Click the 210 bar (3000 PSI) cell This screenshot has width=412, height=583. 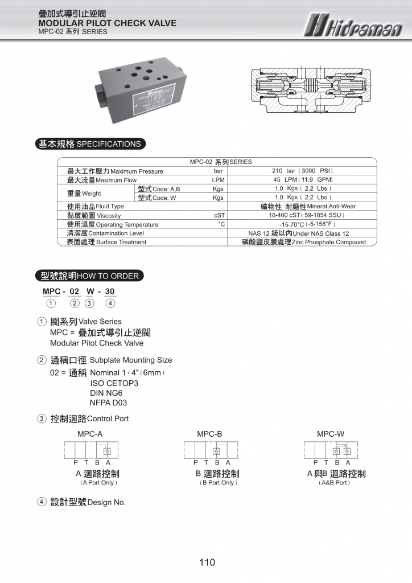[302, 171]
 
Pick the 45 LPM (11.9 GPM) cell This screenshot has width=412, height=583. [302, 180]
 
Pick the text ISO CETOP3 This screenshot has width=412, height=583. [114, 383]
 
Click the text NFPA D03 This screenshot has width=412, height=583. [108, 403]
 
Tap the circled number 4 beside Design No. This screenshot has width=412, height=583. [42, 502]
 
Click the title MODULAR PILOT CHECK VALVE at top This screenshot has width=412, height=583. [107, 23]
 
